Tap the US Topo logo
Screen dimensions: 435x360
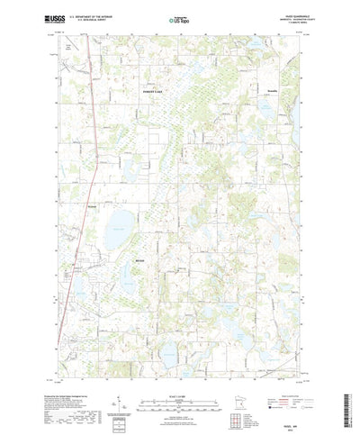pos(179,17)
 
